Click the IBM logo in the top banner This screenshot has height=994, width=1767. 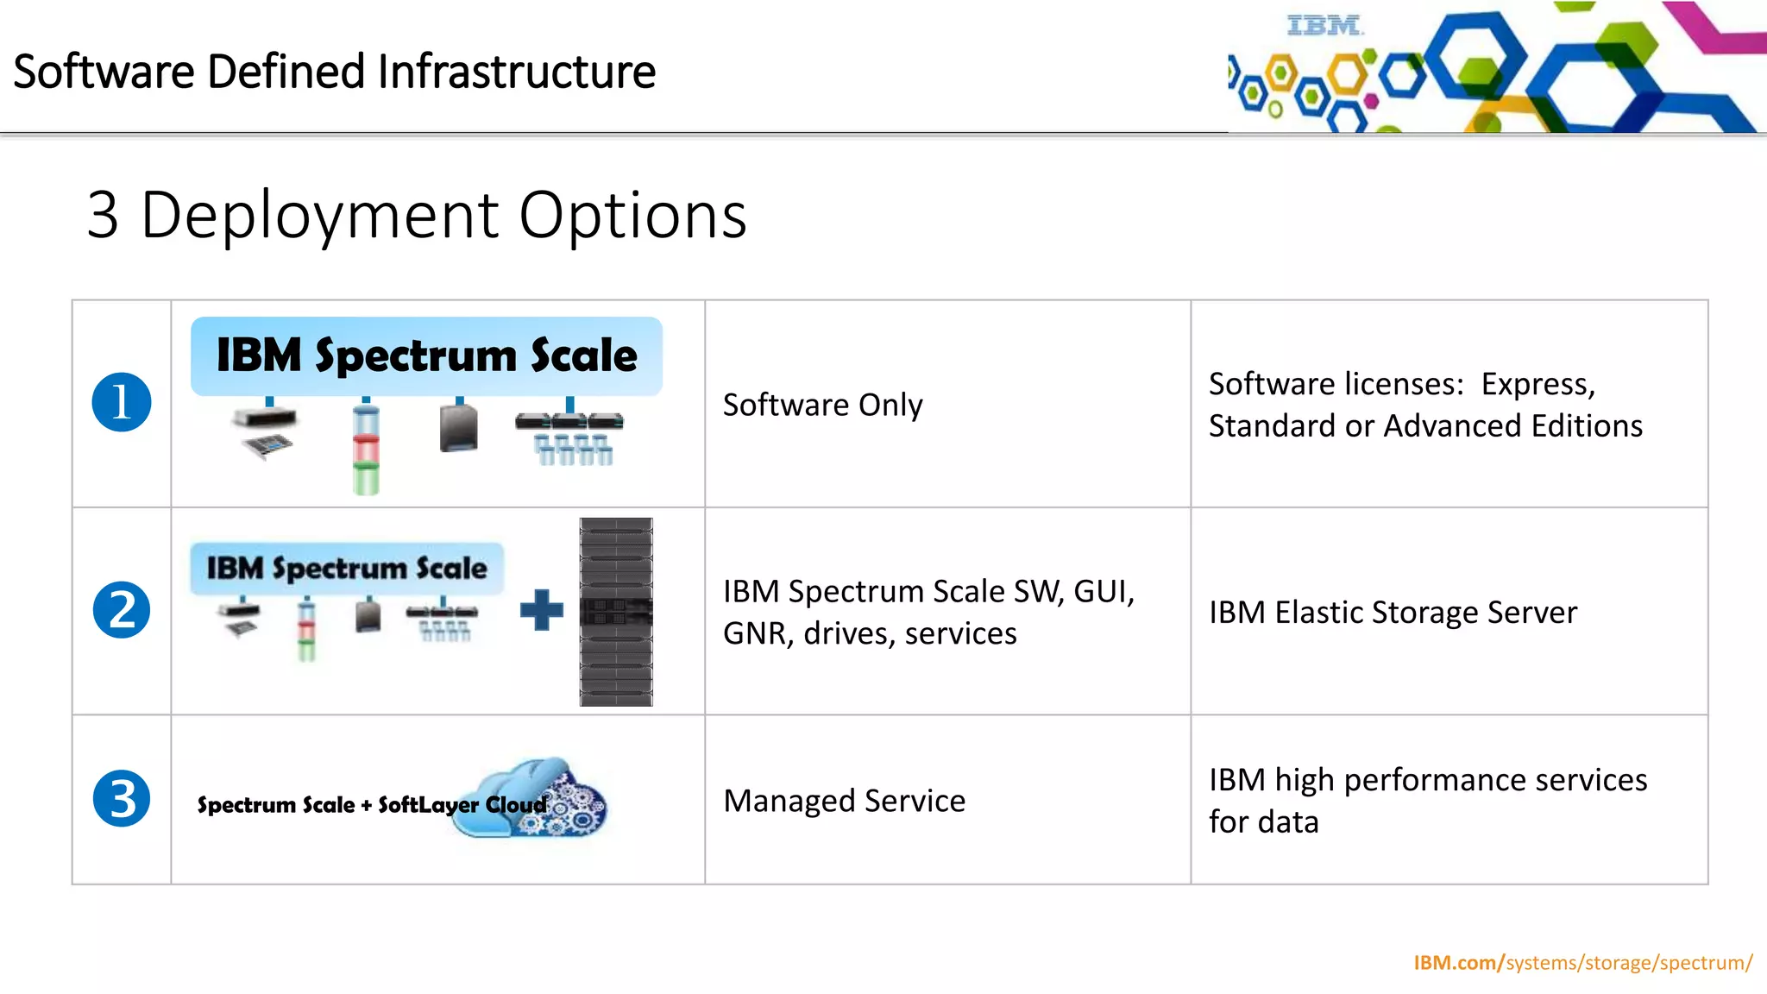point(1324,26)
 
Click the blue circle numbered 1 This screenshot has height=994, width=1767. point(122,402)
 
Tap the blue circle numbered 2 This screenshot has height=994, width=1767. point(122,610)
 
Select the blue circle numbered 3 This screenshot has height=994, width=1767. point(122,798)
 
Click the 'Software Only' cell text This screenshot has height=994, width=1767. point(822,405)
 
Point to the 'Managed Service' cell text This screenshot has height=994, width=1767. point(844,801)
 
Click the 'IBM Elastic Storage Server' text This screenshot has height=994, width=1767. point(1393,612)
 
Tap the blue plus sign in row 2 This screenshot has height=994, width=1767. point(542,610)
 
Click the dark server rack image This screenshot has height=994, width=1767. point(616,612)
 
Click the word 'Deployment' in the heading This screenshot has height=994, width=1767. point(319,216)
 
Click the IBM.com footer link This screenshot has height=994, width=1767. point(1582,962)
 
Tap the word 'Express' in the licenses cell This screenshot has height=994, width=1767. point(1537,384)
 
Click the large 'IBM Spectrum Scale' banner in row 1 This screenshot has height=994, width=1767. point(426,355)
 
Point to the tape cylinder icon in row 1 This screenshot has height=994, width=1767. point(366,449)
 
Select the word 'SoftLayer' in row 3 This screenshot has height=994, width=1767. point(428,805)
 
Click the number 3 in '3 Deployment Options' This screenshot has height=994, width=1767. point(103,216)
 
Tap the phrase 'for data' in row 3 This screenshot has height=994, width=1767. point(1263,822)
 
